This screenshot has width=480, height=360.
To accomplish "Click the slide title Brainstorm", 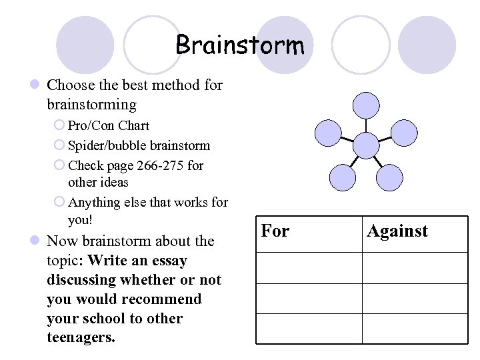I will [239, 45].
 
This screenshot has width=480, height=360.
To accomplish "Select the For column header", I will [275, 231].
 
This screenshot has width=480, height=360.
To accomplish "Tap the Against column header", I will [397, 231].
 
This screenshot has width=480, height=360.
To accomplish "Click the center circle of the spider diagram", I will [365, 145].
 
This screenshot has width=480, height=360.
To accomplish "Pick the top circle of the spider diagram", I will [365, 105].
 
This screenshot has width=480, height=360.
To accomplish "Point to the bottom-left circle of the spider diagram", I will [343, 177].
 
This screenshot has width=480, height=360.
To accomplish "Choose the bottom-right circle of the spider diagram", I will [389, 177].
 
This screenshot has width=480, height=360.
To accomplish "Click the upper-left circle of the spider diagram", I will [327, 133].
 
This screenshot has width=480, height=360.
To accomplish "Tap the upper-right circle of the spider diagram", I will [403, 133].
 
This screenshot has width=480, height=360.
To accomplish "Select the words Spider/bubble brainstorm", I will [139, 145].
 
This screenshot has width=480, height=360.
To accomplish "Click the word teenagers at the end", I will [81, 337].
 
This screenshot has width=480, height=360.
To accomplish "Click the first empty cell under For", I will [309, 267].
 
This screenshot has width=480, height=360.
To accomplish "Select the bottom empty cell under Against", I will [415, 328].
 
